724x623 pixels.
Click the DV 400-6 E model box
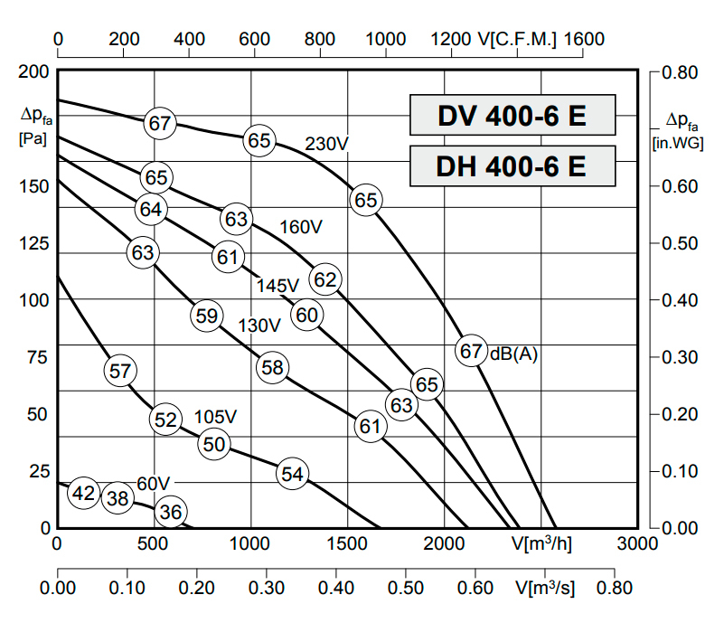click(x=512, y=115)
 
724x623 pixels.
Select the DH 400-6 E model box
click(x=512, y=165)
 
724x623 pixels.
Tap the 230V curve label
click(x=326, y=144)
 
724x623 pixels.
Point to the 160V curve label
click(x=301, y=227)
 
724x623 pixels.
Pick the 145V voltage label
click(x=277, y=286)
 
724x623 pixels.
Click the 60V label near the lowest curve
click(x=154, y=483)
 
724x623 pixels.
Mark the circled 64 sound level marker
click(x=151, y=209)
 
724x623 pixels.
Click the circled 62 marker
click(x=324, y=280)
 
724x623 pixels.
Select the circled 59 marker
click(x=207, y=316)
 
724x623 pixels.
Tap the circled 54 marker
click(x=292, y=474)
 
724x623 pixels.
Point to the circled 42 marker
click(x=83, y=493)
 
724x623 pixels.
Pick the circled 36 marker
click(x=170, y=513)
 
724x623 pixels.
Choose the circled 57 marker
click(x=120, y=370)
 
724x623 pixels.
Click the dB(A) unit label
click(x=513, y=354)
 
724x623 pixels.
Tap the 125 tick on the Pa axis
click(x=33, y=243)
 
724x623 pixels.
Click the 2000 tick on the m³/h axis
click(x=444, y=543)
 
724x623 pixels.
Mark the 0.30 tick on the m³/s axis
click(x=267, y=587)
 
